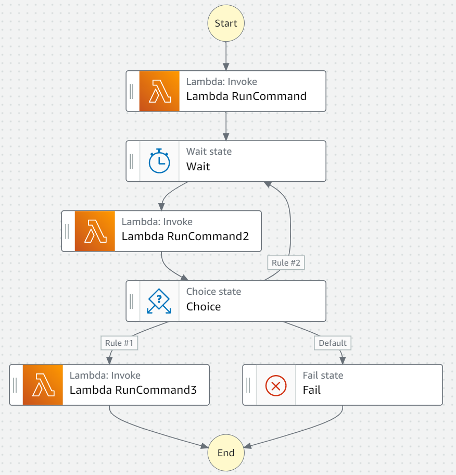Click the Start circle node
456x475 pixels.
[226, 23]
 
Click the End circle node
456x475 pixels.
[226, 453]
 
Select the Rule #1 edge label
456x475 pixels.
[120, 343]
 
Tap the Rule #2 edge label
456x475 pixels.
[286, 262]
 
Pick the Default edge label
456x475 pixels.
[332, 343]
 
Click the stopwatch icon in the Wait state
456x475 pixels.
[159, 161]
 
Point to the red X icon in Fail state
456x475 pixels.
[276, 385]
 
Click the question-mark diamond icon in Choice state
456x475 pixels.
[159, 301]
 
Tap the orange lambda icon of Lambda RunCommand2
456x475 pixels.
[95, 231]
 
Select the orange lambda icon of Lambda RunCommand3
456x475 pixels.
[43, 385]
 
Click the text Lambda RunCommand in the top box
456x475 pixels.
[246, 96]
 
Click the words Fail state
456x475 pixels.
[323, 375]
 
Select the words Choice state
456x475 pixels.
[213, 292]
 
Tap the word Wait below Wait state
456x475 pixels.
[198, 167]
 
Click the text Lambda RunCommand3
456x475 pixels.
[133, 390]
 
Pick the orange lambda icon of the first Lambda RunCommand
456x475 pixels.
[159, 91]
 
